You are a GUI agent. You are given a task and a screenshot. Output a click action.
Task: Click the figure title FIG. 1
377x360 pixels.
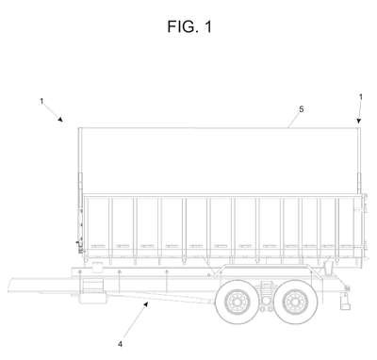(189, 26)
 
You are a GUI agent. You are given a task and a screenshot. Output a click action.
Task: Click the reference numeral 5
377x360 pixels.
(302, 109)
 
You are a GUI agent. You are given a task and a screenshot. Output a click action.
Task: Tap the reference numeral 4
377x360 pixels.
(120, 344)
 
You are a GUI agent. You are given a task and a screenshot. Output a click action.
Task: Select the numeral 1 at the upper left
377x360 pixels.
(41, 102)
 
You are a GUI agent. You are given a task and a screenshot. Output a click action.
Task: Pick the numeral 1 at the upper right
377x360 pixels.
(361, 97)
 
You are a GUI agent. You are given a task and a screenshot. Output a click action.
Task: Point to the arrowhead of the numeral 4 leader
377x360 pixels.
(146, 303)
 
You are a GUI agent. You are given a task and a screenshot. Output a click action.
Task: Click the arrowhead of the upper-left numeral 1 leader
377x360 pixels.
(60, 119)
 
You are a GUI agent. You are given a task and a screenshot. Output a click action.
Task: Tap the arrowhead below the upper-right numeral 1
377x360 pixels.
(359, 121)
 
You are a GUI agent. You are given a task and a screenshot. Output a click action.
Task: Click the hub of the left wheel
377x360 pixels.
(235, 303)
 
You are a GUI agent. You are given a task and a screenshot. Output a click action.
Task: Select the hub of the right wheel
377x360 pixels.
(296, 303)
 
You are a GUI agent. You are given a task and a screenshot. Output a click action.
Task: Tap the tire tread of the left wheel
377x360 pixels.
(220, 303)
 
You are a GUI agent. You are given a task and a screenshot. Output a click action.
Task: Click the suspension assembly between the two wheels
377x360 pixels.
(266, 295)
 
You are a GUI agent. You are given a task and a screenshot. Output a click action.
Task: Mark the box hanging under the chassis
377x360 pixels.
(92, 290)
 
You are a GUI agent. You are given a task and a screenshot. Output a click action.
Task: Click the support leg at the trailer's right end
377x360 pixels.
(345, 301)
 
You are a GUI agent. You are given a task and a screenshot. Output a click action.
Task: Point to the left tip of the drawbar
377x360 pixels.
(8, 286)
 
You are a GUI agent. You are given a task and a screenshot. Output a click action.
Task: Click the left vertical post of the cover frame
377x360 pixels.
(80, 188)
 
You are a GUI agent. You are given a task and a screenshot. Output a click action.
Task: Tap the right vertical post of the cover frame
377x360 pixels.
(359, 160)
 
